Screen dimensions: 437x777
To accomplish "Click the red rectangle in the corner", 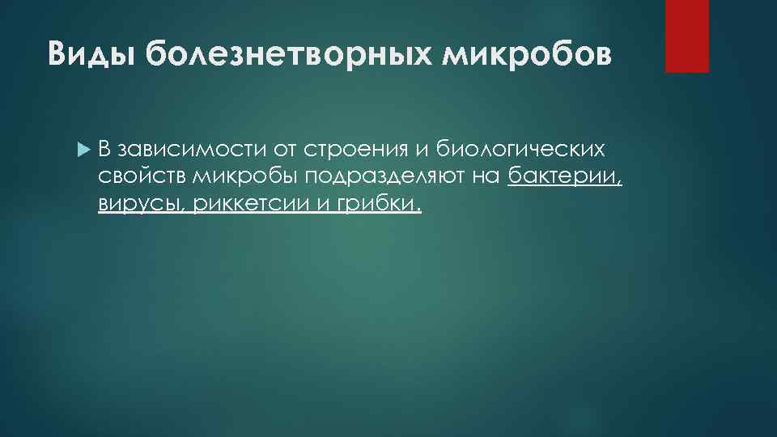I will coord(686,36).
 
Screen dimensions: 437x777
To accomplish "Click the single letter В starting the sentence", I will coord(105,150).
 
